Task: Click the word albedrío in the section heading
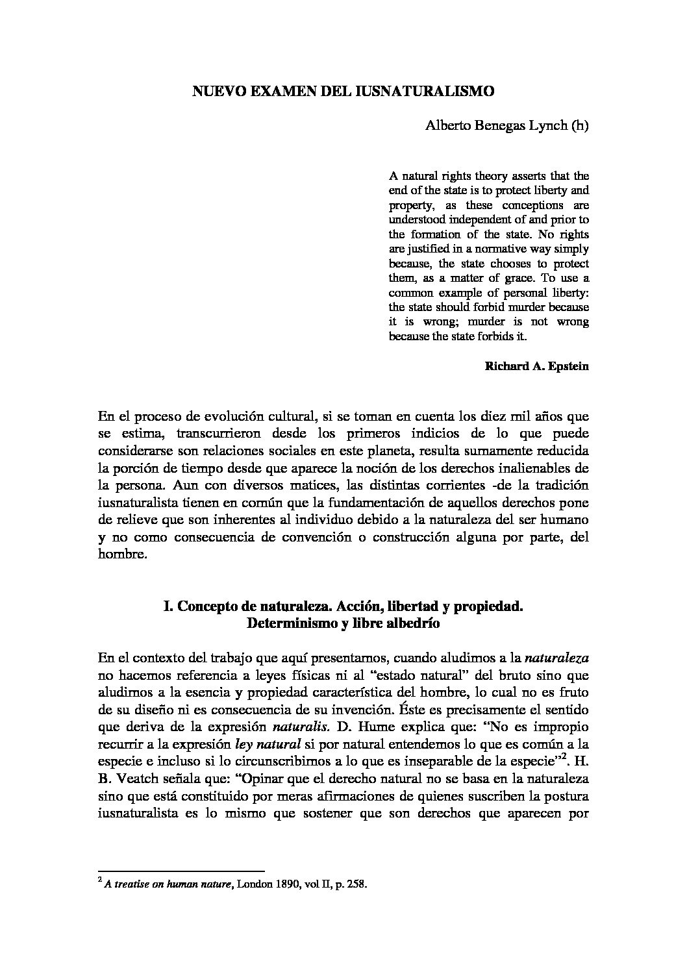tap(412, 625)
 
